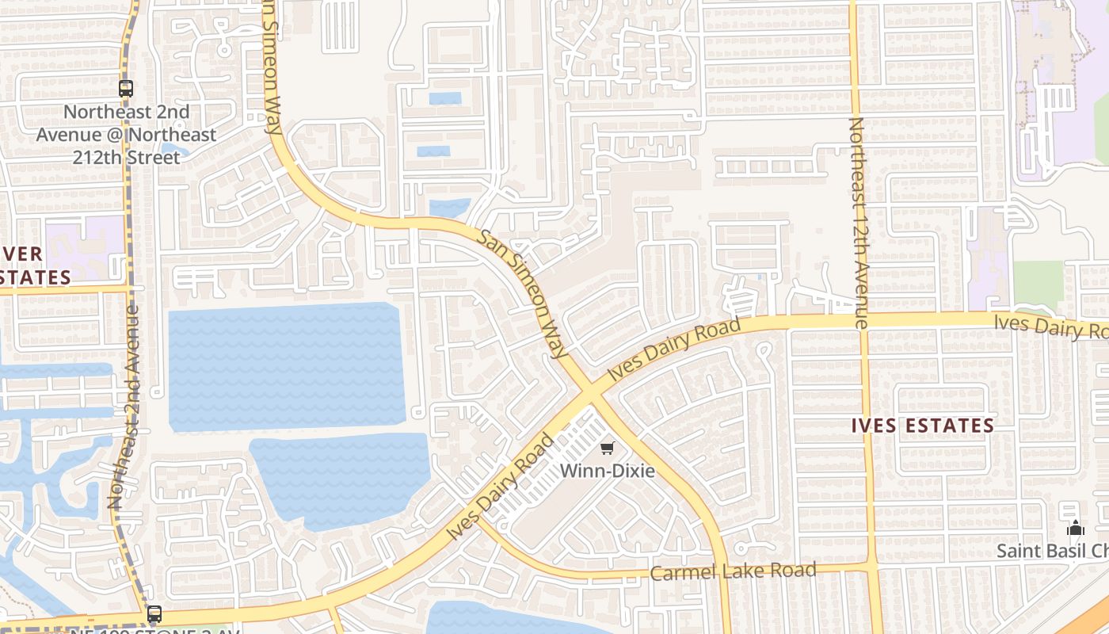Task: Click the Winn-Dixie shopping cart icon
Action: tap(608, 449)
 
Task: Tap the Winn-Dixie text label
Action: tap(608, 471)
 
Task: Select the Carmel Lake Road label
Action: tap(733, 571)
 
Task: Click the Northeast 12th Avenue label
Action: tap(859, 223)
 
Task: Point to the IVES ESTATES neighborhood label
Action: tap(923, 426)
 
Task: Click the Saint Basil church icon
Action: tap(1075, 528)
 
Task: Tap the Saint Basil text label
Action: tap(1052, 551)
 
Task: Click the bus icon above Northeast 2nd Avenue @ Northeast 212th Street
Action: tap(126, 89)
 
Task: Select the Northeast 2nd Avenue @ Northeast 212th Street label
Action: tap(127, 135)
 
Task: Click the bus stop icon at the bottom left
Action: tap(154, 613)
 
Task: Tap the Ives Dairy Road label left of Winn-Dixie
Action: tap(501, 486)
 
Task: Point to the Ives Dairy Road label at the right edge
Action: tap(1051, 326)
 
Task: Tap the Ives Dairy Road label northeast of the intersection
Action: tap(674, 348)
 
